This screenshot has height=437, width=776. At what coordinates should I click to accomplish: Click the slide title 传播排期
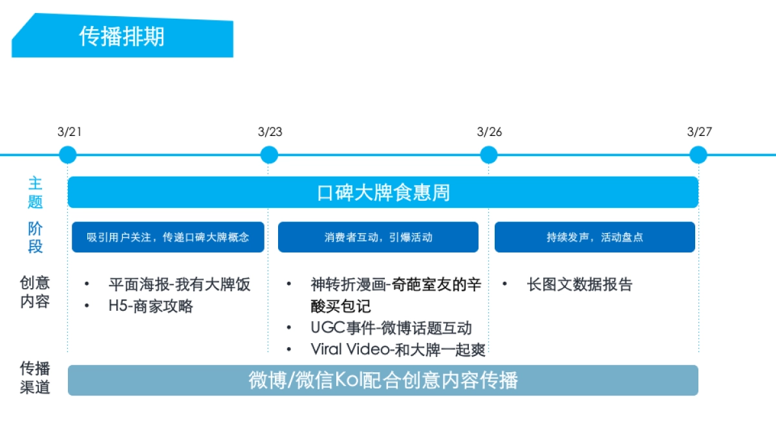122,36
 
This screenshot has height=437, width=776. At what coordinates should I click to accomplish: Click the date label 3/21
69,132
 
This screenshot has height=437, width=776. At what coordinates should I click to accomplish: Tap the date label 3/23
270,132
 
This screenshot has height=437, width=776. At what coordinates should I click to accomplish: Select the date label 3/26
489,132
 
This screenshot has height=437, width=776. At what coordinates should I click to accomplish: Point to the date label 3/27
699,132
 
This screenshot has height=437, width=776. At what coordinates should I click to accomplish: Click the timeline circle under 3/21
67,155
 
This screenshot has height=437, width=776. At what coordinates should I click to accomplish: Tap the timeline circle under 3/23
269,155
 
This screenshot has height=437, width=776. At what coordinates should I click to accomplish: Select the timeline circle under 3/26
489,155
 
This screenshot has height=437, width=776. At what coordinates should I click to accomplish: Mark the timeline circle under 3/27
698,155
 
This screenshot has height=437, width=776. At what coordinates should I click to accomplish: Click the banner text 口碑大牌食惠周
383,192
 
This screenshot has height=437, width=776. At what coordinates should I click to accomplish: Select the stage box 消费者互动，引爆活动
378,237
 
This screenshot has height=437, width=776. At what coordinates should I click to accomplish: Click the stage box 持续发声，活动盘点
594,237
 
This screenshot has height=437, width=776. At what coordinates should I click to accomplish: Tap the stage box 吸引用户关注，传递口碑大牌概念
167,237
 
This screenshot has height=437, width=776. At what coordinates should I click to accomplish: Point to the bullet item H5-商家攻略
150,306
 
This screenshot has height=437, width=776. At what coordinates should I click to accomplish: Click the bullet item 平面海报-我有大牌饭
179,284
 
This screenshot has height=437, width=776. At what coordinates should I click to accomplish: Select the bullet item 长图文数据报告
579,284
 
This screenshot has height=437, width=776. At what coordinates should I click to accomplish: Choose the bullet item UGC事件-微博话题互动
391,328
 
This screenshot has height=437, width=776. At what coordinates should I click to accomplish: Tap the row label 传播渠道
35,378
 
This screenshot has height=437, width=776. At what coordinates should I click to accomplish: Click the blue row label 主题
35,192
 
